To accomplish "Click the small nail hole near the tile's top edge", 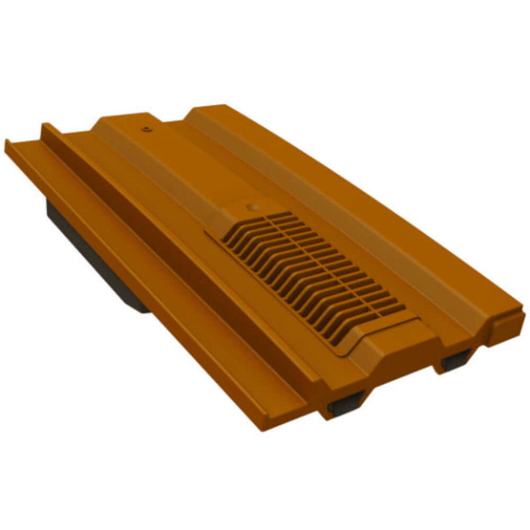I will (x=145, y=124).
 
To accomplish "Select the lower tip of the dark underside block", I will (x=142, y=308).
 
